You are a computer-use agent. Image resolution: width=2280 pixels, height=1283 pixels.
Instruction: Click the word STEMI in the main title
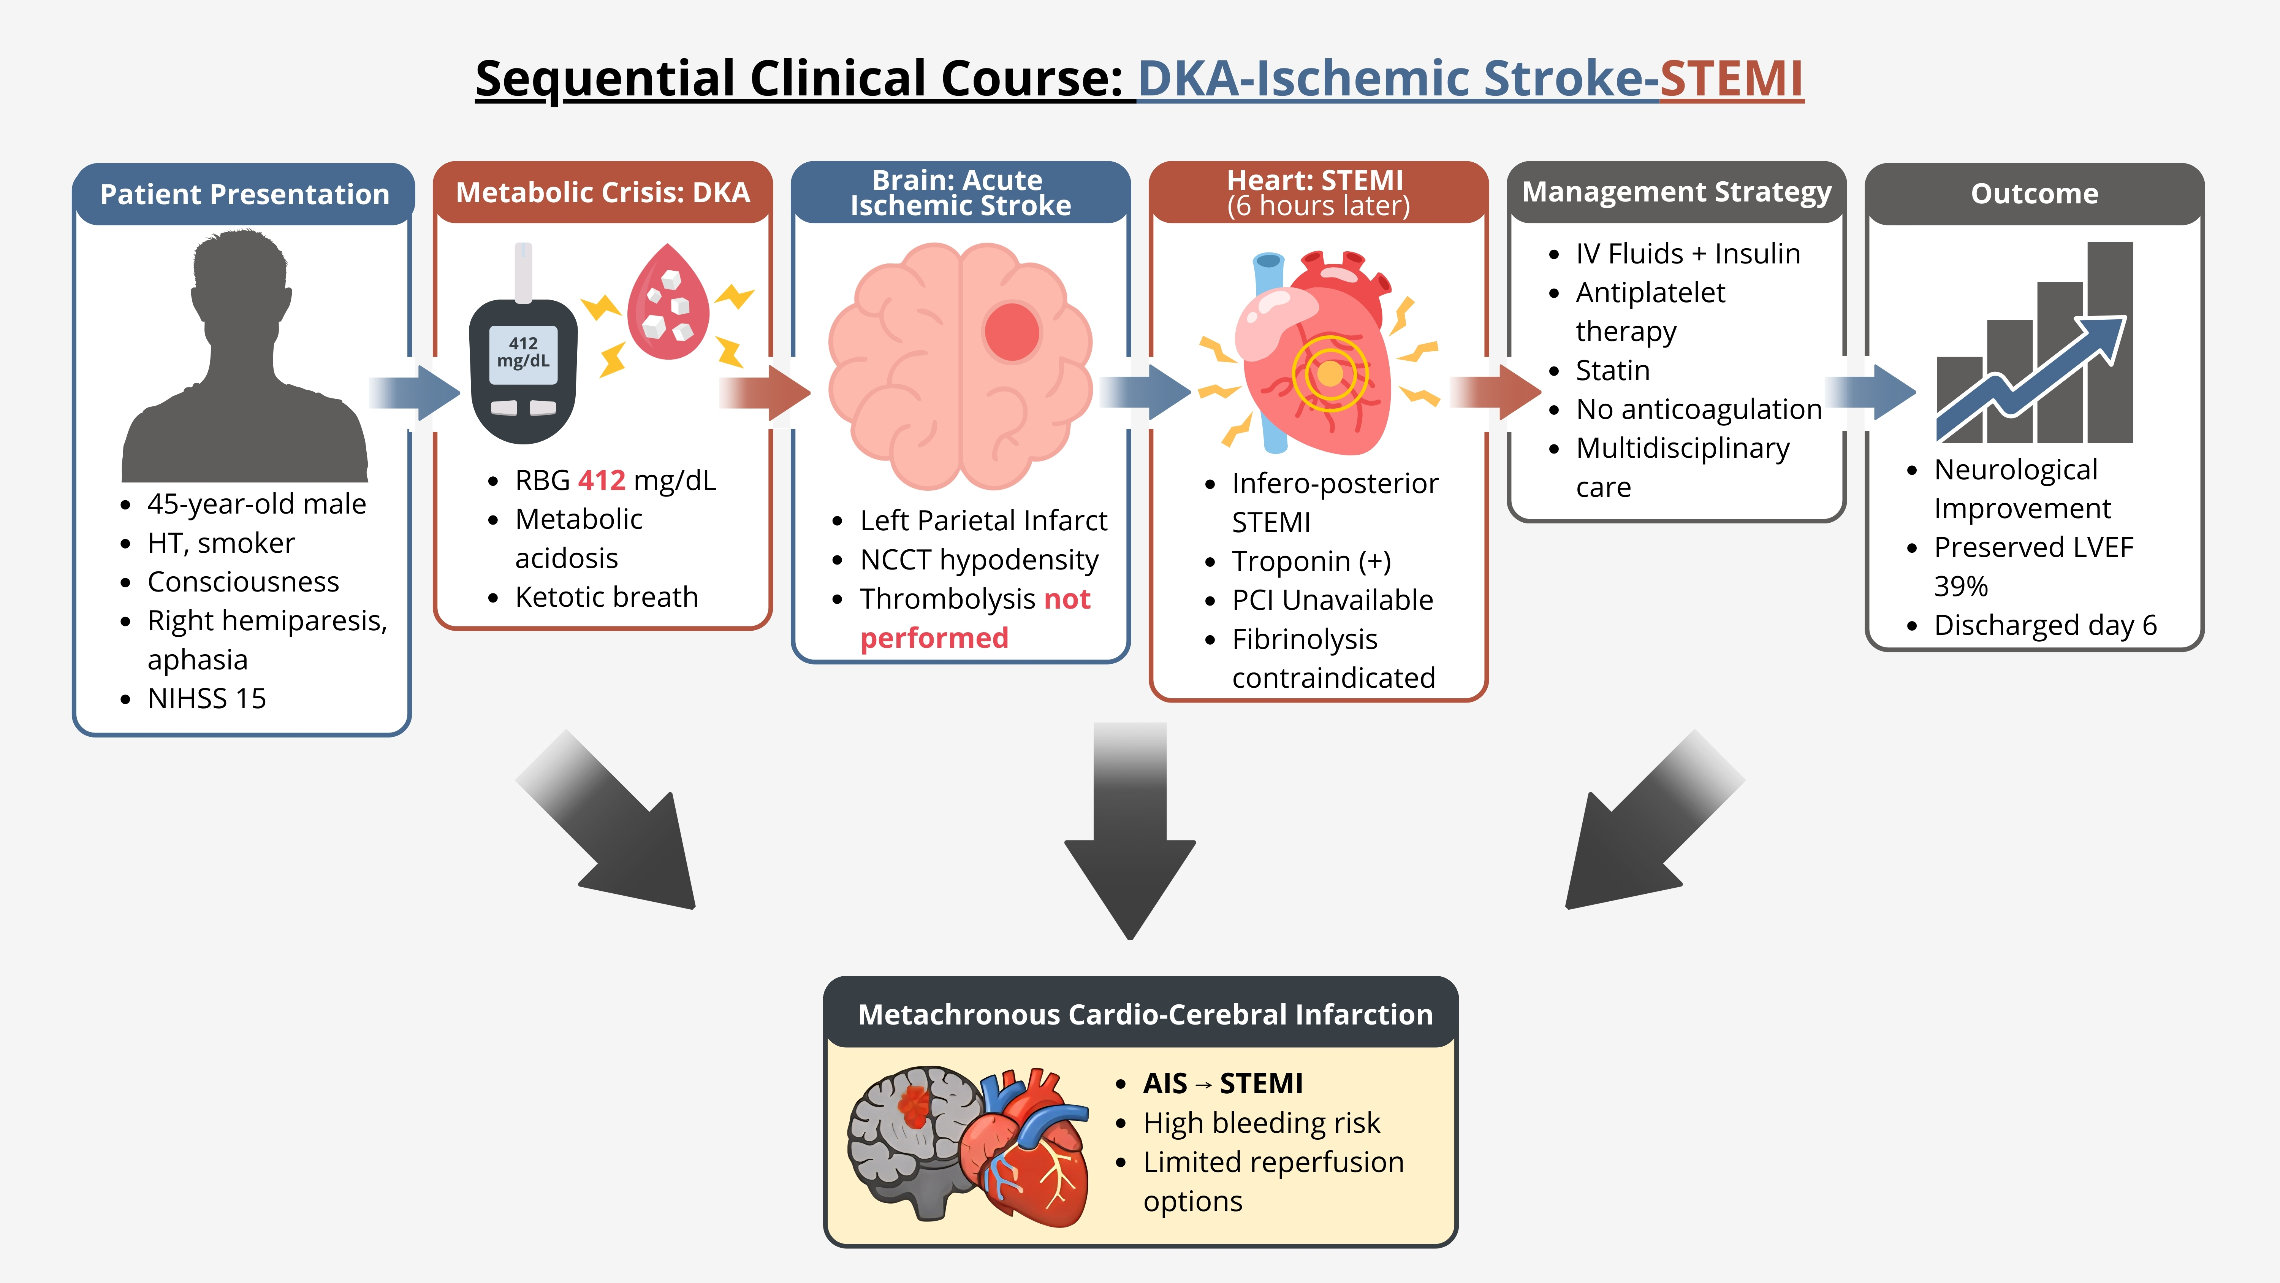point(1731,78)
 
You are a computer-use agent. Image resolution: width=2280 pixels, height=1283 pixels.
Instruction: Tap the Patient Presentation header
point(244,194)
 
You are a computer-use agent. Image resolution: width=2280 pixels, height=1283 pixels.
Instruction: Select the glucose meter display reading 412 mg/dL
point(523,352)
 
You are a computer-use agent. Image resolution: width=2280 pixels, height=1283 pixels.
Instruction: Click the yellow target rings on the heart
point(1329,374)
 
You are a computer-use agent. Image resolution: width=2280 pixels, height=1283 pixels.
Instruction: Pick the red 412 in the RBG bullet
point(602,480)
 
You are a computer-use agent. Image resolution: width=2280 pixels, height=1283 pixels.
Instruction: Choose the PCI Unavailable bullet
point(1332,600)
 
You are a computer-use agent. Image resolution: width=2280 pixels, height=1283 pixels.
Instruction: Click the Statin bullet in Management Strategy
point(1613,370)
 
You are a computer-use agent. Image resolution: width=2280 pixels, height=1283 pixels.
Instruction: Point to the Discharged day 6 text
point(2044,625)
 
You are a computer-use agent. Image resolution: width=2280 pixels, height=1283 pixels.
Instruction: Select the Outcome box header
point(2034,194)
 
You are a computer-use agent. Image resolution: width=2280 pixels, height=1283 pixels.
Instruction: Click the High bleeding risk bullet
point(1261,1123)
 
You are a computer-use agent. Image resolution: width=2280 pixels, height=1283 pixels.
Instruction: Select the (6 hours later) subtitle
point(1318,206)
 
